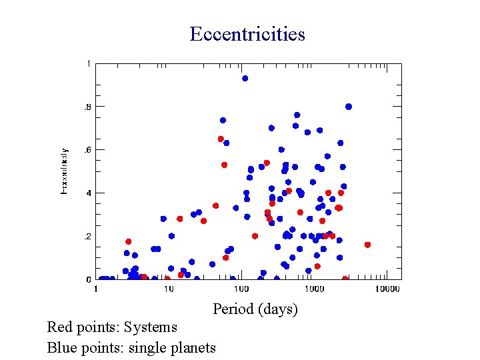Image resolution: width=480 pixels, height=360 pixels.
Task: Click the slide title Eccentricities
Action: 247,34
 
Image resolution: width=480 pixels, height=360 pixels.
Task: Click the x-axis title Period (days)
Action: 255,309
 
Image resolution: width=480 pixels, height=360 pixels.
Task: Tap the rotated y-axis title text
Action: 64,171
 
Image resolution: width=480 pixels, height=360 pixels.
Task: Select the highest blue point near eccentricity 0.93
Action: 245,78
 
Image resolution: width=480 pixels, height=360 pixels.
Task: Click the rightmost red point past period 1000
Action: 367,245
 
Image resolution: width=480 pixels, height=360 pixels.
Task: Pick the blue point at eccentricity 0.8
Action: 349,107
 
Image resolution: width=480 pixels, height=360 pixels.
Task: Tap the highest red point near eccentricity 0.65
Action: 221,139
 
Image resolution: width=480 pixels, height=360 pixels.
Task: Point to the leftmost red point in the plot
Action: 128,241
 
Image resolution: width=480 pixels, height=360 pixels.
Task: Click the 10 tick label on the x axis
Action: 169,289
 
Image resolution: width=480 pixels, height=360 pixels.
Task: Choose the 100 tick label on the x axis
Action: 241,289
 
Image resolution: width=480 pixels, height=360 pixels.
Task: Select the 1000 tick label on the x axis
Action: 314,289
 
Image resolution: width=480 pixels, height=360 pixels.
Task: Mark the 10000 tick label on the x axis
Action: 387,289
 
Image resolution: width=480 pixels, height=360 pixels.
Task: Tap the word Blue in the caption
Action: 61,347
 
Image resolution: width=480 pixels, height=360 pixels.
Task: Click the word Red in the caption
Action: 59,327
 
